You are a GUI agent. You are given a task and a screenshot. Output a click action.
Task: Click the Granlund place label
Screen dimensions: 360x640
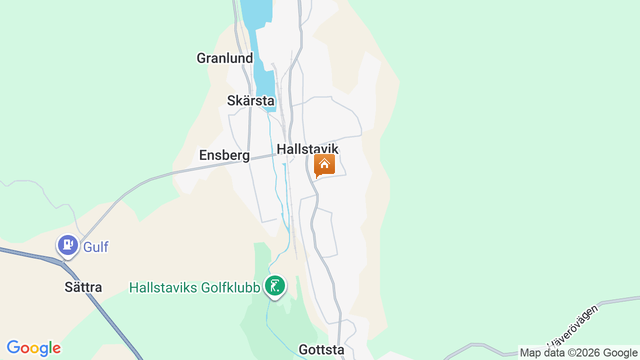[x=224, y=58]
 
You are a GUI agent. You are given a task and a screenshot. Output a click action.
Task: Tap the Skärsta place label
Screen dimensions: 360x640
[x=250, y=100]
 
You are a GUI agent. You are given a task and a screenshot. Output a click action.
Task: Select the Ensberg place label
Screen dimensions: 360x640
[x=224, y=155]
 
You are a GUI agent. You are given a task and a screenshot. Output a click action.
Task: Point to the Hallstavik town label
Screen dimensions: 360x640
[x=307, y=149]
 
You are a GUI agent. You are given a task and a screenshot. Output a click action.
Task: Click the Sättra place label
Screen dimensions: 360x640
[x=83, y=287]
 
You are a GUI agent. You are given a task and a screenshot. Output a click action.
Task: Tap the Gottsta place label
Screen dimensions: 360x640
[x=321, y=349]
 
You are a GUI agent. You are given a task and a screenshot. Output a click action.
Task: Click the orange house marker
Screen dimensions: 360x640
[x=324, y=165]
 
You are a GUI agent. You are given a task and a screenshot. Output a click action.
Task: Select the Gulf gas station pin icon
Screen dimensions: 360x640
[x=68, y=245]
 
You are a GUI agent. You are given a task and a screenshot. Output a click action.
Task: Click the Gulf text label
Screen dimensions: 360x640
[x=95, y=247]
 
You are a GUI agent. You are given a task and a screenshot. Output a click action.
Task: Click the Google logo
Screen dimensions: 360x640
[x=33, y=348]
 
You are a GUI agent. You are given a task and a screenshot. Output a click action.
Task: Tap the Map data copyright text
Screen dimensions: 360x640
[x=578, y=353]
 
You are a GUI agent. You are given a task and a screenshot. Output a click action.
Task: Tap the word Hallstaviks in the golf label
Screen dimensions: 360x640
[x=163, y=287]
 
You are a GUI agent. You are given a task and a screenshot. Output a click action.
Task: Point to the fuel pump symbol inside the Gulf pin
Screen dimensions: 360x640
[x=68, y=245]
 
